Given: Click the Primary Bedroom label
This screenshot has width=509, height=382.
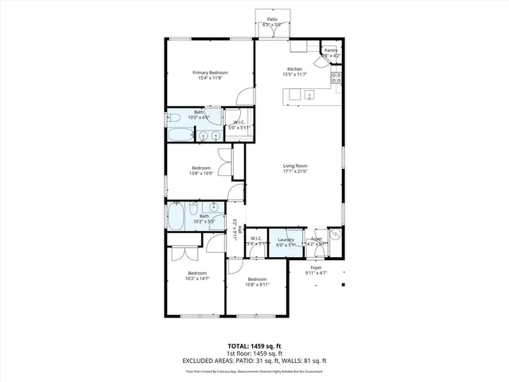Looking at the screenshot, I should pyautogui.click(x=211, y=72).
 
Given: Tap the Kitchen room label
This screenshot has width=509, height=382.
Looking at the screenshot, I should pyautogui.click(x=295, y=69).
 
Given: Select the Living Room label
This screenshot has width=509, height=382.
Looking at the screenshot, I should pyautogui.click(x=295, y=166).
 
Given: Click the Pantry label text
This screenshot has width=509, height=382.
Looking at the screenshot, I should pyautogui.click(x=331, y=50).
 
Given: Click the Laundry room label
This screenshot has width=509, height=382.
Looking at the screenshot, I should pyautogui.click(x=286, y=240).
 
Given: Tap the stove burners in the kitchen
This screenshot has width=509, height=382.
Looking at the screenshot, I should pyautogui.click(x=336, y=78).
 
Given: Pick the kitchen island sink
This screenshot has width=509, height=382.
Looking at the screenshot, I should pyautogui.click(x=308, y=95).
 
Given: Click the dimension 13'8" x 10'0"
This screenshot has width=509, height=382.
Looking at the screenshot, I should pyautogui.click(x=200, y=173).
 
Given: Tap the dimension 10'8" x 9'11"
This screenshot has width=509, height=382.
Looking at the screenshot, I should pyautogui.click(x=257, y=284).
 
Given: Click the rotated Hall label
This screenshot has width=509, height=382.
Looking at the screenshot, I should pyautogui.click(x=239, y=232).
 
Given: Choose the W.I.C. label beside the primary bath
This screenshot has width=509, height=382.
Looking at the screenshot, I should pyautogui.click(x=239, y=122).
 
